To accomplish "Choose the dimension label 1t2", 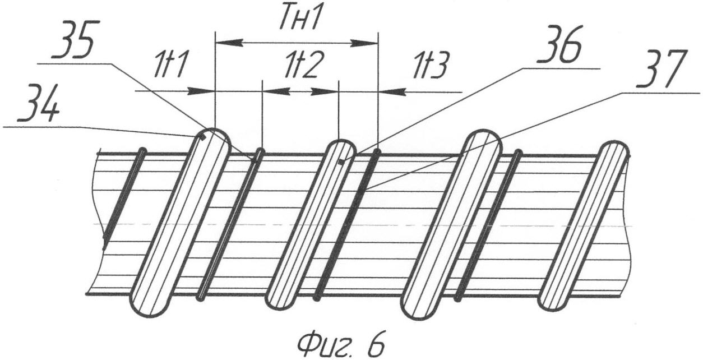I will tap(301, 67).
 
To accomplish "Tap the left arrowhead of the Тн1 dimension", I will tap(224, 42).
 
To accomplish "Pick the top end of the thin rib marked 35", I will tap(260, 152).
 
